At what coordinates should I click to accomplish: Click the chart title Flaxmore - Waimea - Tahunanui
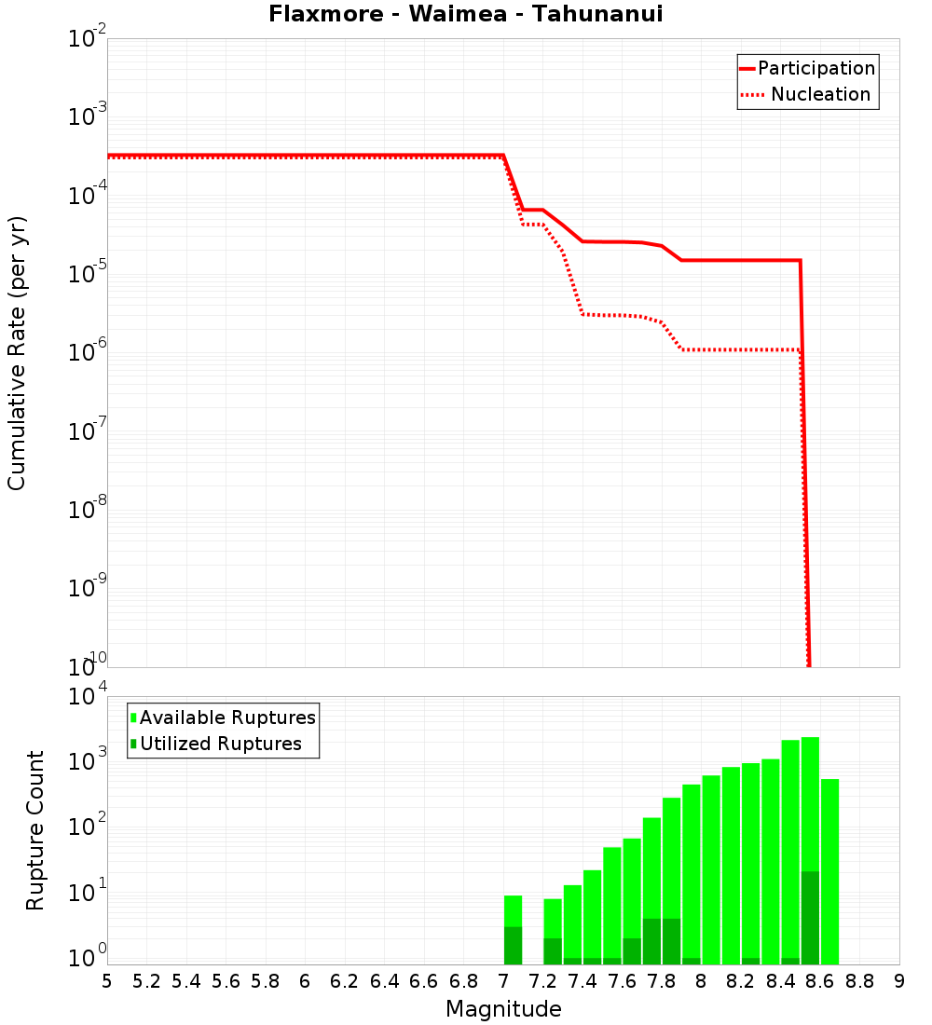click(x=465, y=14)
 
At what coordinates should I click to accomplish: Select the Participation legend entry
click(x=816, y=68)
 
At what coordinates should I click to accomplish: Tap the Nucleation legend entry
click(x=820, y=94)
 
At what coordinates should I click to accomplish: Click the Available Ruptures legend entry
click(x=227, y=717)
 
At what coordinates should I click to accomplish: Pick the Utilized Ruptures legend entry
click(x=220, y=744)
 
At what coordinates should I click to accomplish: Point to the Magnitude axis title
click(x=503, y=1008)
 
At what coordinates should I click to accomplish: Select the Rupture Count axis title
click(x=35, y=830)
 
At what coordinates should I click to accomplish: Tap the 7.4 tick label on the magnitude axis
click(x=582, y=980)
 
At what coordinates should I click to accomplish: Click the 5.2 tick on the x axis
click(x=146, y=980)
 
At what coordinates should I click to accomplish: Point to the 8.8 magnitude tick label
click(x=859, y=980)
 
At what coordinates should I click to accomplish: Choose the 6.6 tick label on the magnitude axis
click(x=424, y=980)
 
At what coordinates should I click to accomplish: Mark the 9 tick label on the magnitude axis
click(x=899, y=980)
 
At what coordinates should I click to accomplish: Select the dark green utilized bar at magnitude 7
click(x=513, y=945)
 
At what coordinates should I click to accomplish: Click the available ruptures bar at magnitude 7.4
click(x=592, y=913)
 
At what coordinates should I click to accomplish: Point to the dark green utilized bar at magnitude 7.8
click(x=671, y=941)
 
